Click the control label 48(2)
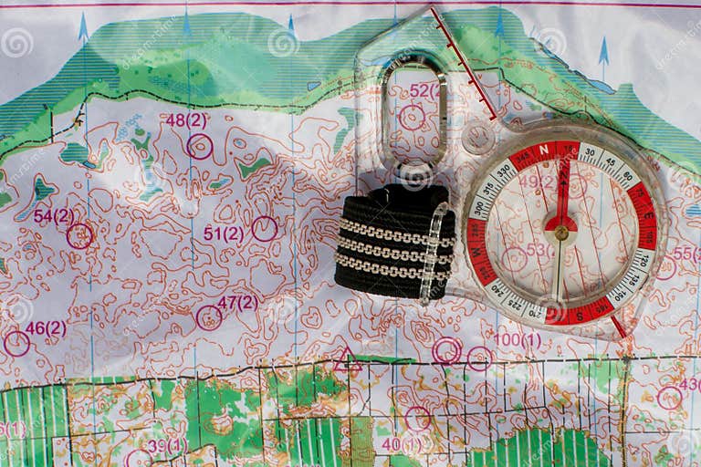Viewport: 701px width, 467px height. (x=185, y=119)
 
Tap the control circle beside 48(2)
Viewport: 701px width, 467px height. (x=199, y=146)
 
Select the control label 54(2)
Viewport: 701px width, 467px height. (x=54, y=216)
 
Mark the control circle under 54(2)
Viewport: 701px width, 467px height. (x=79, y=236)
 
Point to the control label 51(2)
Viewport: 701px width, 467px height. (x=223, y=233)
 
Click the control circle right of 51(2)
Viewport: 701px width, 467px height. (x=265, y=228)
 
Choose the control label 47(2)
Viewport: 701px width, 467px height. (x=237, y=302)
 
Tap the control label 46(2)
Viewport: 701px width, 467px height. (x=46, y=328)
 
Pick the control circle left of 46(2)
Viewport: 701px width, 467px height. (x=16, y=344)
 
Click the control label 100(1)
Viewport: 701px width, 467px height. (x=518, y=340)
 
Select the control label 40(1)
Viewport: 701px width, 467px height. (x=403, y=444)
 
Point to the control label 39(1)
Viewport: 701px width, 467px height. (x=167, y=445)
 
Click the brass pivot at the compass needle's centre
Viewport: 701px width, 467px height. (x=560, y=233)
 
